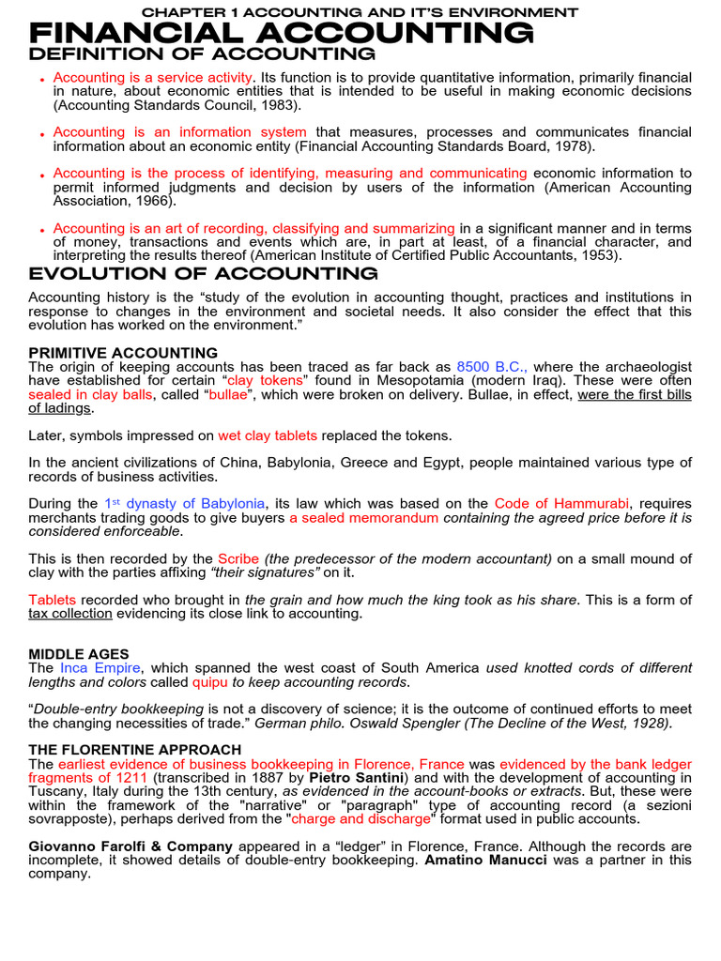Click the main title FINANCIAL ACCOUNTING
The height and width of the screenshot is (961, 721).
(282, 33)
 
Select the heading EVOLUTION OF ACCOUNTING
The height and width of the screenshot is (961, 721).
(204, 274)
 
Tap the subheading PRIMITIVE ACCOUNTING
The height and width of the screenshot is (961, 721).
(123, 353)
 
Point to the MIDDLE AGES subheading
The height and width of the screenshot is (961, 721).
(79, 654)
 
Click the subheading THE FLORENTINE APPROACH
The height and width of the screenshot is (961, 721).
(134, 750)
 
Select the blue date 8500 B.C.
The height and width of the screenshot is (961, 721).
(492, 367)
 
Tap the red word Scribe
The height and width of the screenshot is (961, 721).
(238, 558)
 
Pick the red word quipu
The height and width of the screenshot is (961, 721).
(210, 682)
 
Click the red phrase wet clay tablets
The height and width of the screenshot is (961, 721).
(268, 435)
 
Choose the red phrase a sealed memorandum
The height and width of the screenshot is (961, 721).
(363, 518)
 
